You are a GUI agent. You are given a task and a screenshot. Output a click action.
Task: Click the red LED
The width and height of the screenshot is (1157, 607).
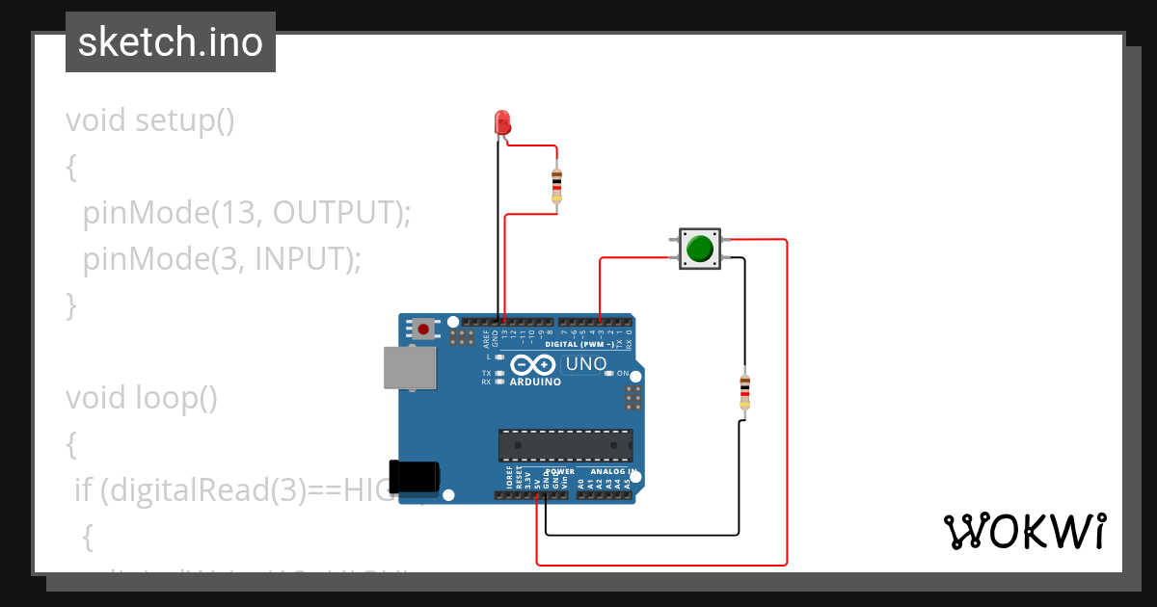tap(501, 122)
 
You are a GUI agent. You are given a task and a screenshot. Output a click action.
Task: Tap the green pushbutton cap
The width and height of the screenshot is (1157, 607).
tap(698, 249)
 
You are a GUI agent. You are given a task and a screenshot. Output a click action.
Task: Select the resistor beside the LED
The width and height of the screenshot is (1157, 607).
tap(555, 183)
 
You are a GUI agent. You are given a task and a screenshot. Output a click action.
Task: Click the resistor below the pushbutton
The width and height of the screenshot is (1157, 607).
tap(743, 390)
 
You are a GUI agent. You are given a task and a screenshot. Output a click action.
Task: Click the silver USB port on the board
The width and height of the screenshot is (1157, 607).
tap(409, 368)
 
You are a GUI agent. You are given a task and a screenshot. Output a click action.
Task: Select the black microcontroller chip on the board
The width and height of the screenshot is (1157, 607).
tap(565, 446)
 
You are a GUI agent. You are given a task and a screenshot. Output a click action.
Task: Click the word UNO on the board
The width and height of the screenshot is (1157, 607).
tap(585, 364)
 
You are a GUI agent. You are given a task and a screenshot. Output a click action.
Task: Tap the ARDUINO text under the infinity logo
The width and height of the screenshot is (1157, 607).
tap(534, 382)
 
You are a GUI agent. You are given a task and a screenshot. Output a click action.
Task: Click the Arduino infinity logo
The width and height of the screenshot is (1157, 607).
tap(533, 365)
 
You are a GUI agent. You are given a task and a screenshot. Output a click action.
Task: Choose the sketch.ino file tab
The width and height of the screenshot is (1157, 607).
tap(171, 42)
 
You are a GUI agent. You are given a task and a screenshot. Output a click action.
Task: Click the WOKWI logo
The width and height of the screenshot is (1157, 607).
tap(1024, 531)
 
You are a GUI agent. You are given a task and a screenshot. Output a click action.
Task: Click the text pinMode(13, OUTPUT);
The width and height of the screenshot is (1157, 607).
tap(247, 212)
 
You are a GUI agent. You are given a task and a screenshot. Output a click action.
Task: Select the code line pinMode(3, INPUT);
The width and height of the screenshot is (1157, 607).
tap(222, 258)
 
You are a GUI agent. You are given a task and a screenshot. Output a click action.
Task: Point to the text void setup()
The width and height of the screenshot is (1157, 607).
tap(150, 120)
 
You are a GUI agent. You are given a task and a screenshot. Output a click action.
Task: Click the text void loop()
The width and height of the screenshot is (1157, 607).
tap(142, 397)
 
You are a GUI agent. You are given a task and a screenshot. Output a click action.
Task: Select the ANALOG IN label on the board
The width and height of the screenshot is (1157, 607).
tap(607, 472)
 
